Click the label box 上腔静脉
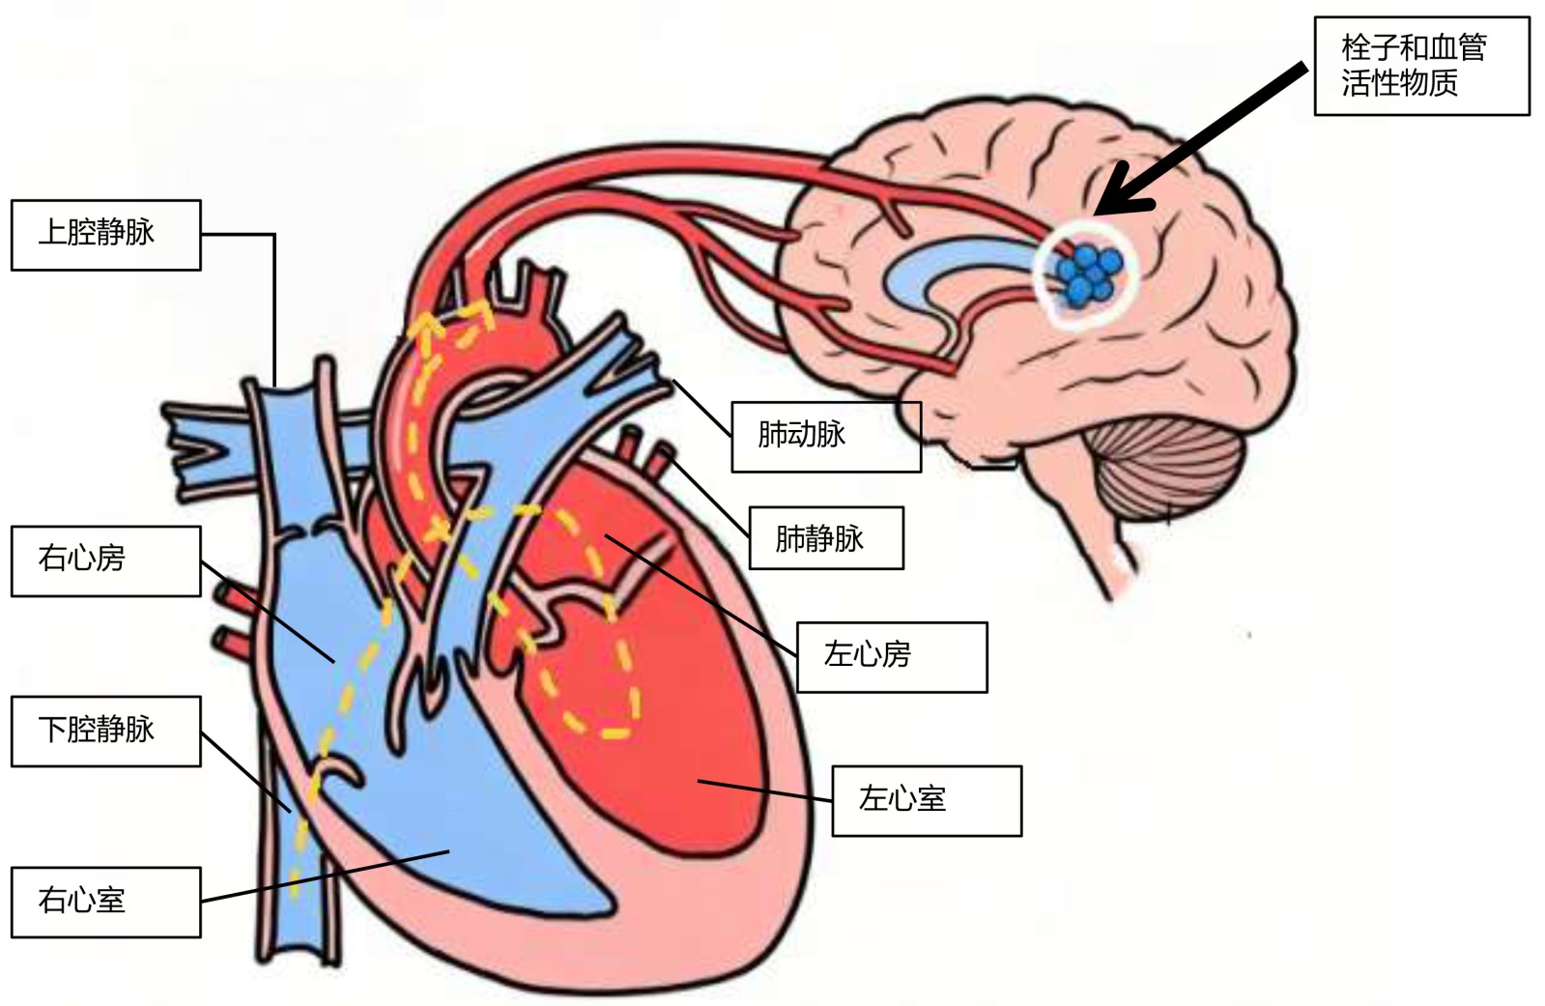click(105, 235)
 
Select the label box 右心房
click(105, 560)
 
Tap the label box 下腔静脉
click(105, 731)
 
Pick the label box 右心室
click(105, 902)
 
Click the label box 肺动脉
click(825, 437)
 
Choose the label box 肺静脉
click(826, 537)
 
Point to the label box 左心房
click(891, 657)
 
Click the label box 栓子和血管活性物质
click(1420, 66)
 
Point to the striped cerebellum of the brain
click(1169, 474)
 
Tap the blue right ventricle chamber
click(483, 831)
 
